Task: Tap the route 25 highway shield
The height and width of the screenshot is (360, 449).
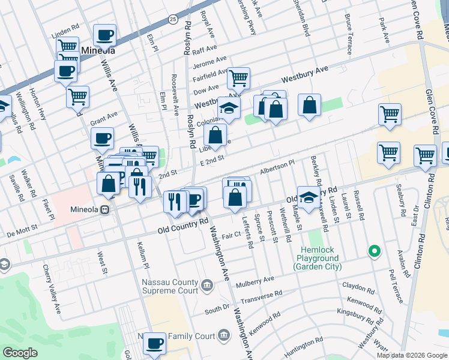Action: [x=172, y=20]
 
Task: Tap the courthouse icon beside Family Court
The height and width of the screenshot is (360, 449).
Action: [x=223, y=334]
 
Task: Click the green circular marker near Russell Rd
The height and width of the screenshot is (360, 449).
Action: [x=375, y=251]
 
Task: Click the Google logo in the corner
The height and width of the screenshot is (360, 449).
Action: [x=20, y=353]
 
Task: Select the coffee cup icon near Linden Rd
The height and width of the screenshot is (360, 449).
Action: [x=104, y=35]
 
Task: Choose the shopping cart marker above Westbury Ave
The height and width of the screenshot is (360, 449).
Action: [x=239, y=78]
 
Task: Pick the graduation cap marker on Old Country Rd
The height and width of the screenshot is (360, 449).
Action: [x=309, y=197]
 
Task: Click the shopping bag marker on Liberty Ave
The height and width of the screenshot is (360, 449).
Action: [x=215, y=136]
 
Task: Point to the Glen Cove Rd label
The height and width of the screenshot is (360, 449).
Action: [x=415, y=21]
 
